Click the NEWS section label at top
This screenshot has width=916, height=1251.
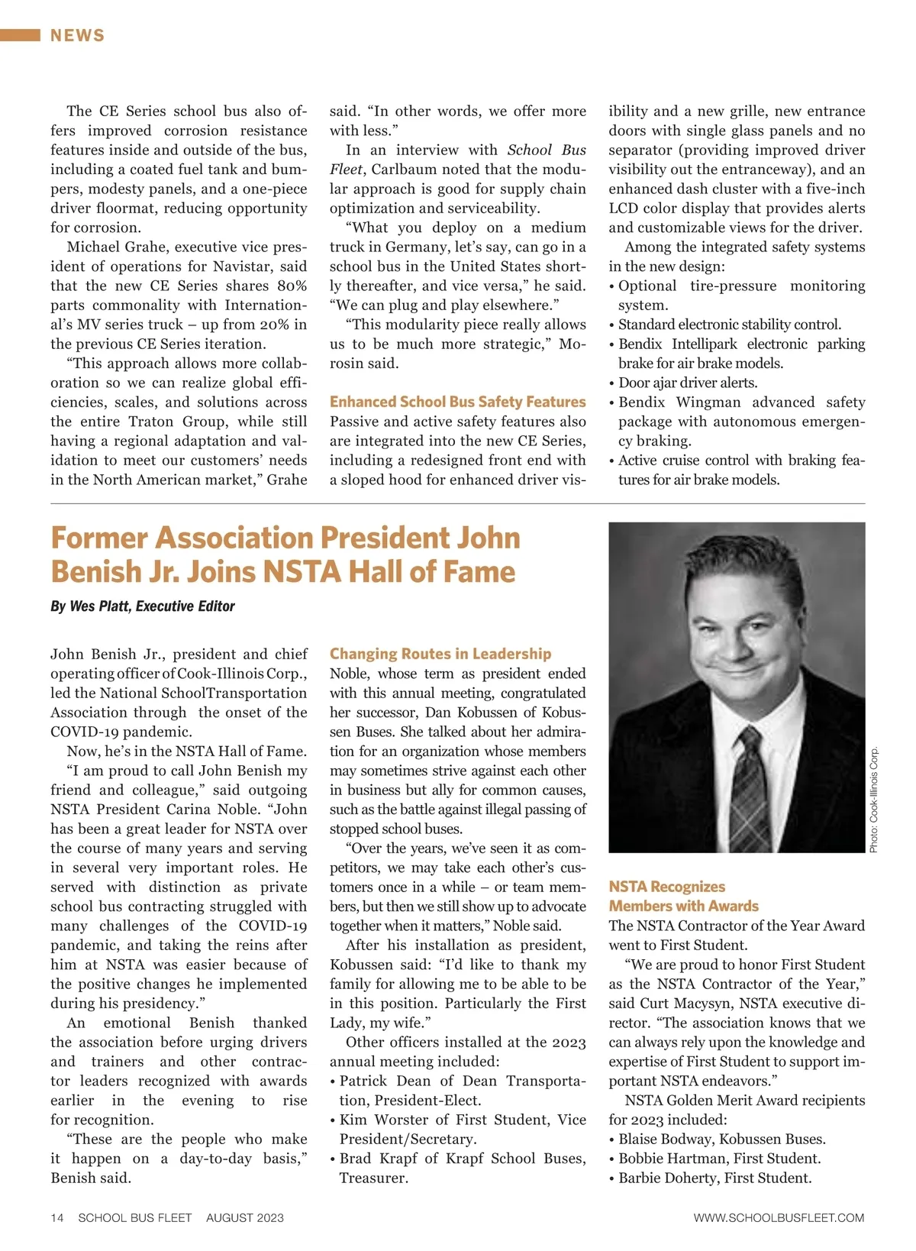(77, 35)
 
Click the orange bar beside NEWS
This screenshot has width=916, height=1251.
(20, 35)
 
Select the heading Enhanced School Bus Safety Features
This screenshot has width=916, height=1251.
(457, 402)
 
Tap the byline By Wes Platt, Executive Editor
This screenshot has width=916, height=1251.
(143, 606)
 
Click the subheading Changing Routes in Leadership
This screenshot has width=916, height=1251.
(440, 654)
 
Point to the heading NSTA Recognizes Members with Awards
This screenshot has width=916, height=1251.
(683, 896)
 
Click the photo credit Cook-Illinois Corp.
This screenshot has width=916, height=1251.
(874, 799)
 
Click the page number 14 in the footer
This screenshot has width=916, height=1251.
(57, 1217)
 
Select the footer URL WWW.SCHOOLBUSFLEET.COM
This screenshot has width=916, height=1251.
(779, 1217)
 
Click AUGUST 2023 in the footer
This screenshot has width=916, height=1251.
(244, 1217)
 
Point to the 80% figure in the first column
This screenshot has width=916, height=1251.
(292, 286)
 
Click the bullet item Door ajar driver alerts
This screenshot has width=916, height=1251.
(687, 383)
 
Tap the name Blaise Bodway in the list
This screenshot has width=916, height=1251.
(664, 1139)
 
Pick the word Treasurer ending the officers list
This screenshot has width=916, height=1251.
(373, 1178)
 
